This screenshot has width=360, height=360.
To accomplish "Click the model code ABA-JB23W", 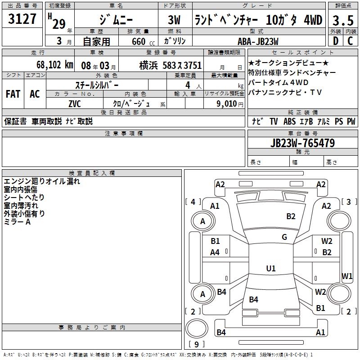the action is (x=258, y=41).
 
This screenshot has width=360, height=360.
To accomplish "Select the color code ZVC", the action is (x=75, y=103).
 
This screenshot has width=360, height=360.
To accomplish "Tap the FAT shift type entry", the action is (x=13, y=94).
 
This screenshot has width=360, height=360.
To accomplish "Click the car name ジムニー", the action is (x=116, y=20).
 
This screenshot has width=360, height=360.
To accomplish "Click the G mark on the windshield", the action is (x=284, y=237).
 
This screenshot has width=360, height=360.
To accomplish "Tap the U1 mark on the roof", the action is (x=270, y=268).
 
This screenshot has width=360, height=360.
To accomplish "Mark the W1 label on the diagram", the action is (x=347, y=275).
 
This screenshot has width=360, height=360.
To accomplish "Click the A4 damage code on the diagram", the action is (x=215, y=252).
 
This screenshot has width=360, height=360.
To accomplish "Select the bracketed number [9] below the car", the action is (x=196, y=344).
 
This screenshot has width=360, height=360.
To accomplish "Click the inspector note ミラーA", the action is (x=17, y=222).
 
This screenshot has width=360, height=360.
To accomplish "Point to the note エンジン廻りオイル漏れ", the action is (x=42, y=181).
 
